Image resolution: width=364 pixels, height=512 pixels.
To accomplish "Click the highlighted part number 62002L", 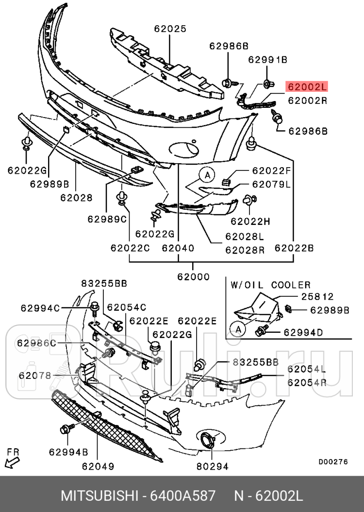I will (307, 87).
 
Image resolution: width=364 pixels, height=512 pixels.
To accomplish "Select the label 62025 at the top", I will (170, 29).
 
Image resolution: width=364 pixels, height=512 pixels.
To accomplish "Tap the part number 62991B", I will (268, 60).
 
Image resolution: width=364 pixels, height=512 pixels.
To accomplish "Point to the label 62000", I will (193, 277).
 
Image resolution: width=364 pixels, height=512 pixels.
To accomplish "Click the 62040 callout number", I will (178, 248).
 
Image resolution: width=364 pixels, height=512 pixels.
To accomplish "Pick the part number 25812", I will (317, 296).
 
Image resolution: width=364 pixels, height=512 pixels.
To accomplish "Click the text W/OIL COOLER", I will (270, 285).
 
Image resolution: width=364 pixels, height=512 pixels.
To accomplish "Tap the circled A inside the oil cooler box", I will (238, 329).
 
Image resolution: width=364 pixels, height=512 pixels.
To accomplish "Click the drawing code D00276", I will (333, 462).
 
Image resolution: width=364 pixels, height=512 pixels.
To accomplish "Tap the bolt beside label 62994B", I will (65, 429).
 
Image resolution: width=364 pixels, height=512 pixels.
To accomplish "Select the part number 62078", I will (35, 375).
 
